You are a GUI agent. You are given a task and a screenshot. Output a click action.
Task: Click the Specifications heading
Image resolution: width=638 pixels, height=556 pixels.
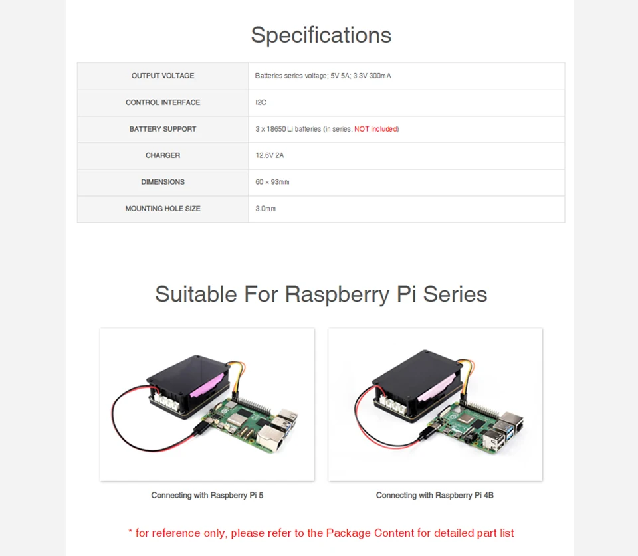[321, 35]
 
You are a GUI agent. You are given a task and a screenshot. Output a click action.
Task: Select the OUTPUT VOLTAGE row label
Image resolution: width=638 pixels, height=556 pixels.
[163, 76]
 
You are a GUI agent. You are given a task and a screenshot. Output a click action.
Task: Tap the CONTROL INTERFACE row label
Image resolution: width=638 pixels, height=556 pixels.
[163, 102]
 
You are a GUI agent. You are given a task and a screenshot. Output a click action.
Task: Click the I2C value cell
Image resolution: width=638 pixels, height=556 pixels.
[261, 102]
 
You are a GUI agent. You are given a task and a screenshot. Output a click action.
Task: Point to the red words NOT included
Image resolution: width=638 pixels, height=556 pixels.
[376, 129]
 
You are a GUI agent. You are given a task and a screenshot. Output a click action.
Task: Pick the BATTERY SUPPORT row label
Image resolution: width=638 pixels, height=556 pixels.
[163, 129]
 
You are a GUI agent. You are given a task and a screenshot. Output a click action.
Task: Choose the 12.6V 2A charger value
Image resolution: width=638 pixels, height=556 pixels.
[269, 155]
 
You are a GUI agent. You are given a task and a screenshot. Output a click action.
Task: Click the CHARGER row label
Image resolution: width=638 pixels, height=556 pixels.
[163, 155]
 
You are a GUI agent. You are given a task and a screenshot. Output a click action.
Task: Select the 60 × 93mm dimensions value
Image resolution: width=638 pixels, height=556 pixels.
[272, 182]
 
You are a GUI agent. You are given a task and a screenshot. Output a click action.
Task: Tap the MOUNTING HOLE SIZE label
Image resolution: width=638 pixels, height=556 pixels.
[163, 209]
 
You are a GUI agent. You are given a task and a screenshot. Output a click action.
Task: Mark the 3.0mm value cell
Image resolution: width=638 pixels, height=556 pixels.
[265, 209]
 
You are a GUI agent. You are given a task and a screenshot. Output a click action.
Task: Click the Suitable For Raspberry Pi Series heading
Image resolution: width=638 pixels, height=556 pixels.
[321, 294]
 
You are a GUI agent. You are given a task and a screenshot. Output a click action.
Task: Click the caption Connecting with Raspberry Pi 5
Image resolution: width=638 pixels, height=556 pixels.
[207, 495]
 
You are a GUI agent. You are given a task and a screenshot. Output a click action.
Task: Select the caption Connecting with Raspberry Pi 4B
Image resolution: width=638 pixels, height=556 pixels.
[435, 495]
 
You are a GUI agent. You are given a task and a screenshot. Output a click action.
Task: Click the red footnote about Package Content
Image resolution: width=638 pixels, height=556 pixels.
[321, 533]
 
